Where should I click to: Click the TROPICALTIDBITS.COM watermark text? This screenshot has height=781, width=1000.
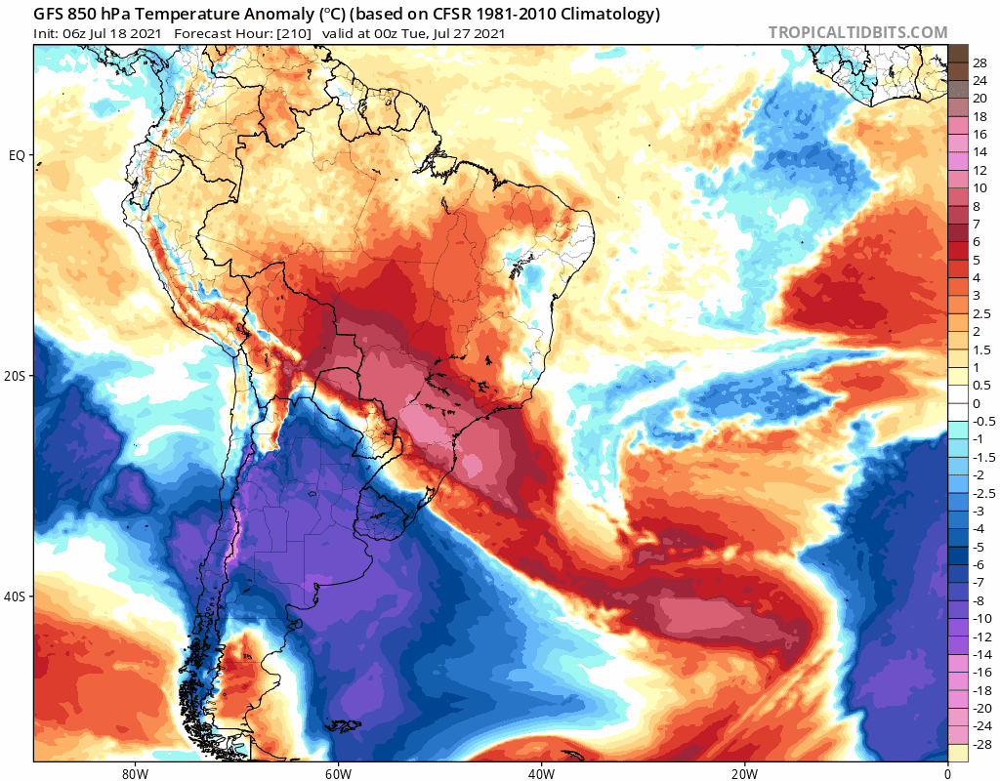(857, 32)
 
